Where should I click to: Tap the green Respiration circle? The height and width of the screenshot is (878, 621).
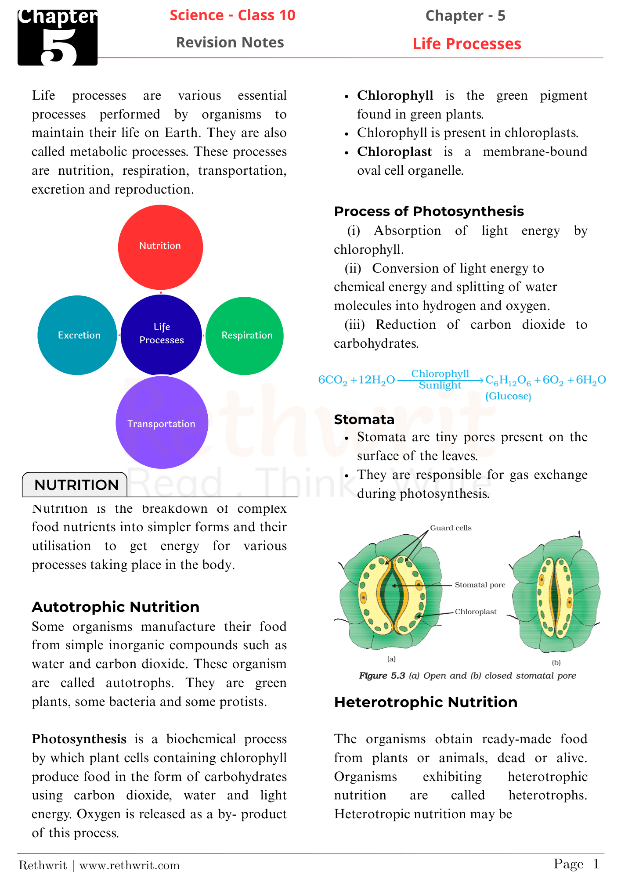point(245,336)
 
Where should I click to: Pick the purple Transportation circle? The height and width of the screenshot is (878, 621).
point(162,422)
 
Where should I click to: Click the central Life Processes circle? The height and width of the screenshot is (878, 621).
point(161,334)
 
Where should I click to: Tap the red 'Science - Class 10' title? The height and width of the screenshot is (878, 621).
point(232,15)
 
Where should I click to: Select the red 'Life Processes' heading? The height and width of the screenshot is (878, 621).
point(466,44)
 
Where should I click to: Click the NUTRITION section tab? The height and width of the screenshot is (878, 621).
point(76,485)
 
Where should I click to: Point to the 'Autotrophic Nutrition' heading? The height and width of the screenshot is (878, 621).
point(116,607)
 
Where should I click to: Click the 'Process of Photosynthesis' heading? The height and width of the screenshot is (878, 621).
point(429,211)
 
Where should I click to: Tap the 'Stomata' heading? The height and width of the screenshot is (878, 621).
point(364,419)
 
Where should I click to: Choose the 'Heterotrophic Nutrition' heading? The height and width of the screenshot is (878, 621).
point(426,702)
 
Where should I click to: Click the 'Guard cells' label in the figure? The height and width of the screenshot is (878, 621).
point(451,528)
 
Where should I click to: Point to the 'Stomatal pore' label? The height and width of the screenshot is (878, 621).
point(480,585)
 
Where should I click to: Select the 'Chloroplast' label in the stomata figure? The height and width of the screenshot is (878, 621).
point(476,612)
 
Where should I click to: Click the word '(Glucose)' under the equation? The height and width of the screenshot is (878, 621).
point(508,396)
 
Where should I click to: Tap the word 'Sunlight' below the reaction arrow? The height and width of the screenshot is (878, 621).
point(440,385)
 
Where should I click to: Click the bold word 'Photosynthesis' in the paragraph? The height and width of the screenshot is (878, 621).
point(79,739)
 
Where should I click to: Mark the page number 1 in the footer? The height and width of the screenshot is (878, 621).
point(596,864)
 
